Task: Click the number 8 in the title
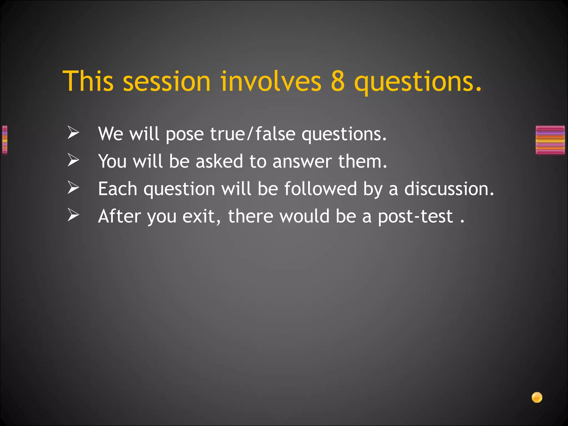[x=338, y=81]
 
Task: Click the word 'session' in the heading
[x=166, y=81]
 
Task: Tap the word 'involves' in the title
[x=271, y=81]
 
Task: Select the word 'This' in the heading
[x=88, y=81]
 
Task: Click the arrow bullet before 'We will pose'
[x=73, y=133]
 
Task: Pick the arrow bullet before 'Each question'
[x=73, y=188]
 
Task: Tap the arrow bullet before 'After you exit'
[x=73, y=215]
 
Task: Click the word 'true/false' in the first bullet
[x=253, y=134]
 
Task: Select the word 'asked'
[x=219, y=161]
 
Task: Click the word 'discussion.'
[x=449, y=189]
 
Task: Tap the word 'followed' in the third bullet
[x=320, y=189]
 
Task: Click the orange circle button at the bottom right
[x=537, y=397]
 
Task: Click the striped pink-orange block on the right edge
[x=550, y=140]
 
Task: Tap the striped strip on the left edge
[x=4, y=140]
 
